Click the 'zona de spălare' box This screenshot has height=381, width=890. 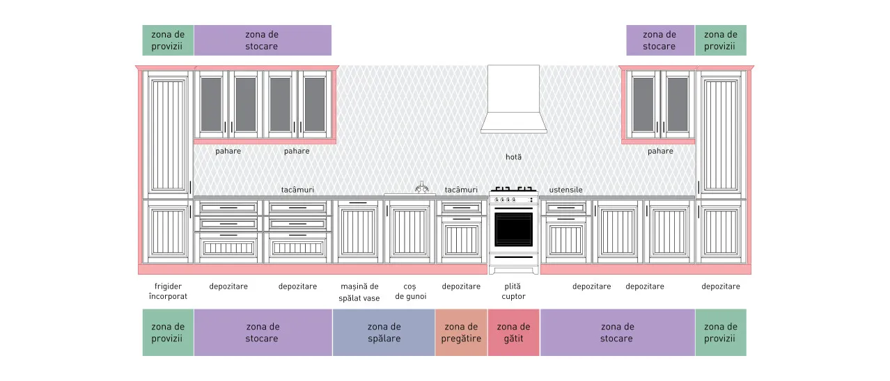(384, 332)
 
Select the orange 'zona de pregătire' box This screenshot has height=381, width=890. (461, 332)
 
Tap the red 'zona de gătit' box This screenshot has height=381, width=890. (513, 332)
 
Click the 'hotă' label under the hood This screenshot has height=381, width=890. (513, 157)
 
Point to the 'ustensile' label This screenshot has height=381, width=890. (565, 190)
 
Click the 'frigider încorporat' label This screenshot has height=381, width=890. (168, 291)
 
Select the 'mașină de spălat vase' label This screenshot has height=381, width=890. (359, 292)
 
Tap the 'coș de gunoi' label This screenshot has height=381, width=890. (410, 291)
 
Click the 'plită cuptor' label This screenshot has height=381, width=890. (513, 291)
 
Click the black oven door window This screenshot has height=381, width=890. (513, 229)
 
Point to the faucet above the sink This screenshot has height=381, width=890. (422, 187)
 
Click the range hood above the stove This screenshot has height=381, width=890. (513, 99)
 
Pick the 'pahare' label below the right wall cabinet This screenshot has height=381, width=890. (660, 151)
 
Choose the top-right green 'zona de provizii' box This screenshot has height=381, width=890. (721, 40)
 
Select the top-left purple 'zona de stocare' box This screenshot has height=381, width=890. (263, 40)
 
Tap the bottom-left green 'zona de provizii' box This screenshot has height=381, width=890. (168, 332)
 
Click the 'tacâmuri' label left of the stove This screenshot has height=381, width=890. (461, 190)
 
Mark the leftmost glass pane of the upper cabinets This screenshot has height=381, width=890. (211, 104)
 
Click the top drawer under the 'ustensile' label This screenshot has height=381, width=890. (565, 208)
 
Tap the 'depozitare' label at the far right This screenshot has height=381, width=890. (720, 286)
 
